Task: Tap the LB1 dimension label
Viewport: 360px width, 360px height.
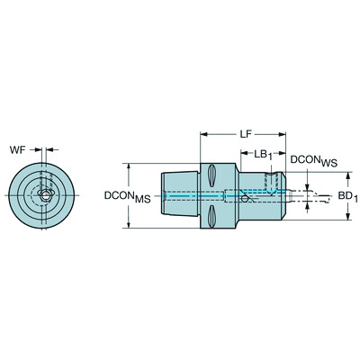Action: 262,154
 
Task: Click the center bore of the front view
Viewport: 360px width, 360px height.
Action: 43,195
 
